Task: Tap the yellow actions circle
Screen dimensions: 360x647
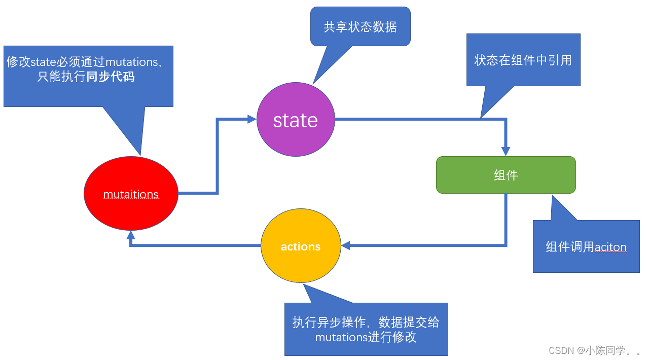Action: (301, 246)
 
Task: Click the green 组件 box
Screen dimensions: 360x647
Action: (506, 175)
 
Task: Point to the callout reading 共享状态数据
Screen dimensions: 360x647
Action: (360, 26)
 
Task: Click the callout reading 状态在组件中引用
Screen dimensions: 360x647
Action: (523, 60)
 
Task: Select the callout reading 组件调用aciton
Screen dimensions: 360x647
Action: (586, 247)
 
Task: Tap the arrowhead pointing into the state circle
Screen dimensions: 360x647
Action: (251, 119)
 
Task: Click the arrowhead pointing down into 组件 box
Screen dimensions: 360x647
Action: (506, 151)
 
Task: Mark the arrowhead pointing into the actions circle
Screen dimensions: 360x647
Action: (346, 246)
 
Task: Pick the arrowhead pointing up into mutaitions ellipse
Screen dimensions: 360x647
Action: (131, 235)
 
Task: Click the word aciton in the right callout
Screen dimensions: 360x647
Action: (610, 247)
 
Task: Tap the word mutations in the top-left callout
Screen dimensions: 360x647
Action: (132, 62)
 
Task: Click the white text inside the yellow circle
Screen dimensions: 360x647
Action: (301, 246)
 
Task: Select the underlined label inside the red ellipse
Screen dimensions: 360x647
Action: (131, 195)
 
